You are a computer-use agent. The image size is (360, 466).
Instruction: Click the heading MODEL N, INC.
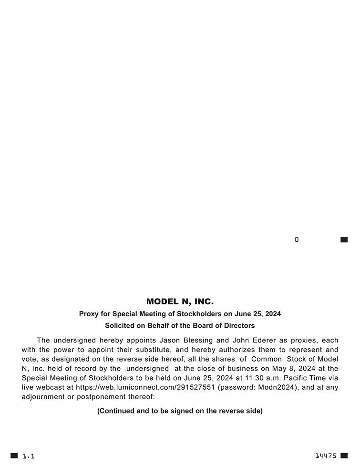[180, 301]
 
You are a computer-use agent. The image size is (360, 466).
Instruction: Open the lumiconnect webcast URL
[145, 387]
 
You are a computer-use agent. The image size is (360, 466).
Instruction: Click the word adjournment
[44, 396]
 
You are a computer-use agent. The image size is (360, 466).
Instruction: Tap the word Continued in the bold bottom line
[117, 411]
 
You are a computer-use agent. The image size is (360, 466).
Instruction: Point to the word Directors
[239, 325]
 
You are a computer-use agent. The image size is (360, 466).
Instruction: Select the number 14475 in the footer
[326, 456]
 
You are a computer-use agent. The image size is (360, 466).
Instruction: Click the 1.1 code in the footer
[28, 456]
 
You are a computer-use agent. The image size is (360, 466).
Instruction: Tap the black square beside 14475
[344, 456]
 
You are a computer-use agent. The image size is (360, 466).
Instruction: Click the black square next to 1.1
[14, 456]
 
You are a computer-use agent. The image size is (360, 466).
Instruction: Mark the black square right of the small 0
[344, 239]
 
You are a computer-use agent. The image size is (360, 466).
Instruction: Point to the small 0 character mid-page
[297, 239]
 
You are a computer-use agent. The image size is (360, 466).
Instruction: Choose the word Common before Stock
[267, 359]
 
